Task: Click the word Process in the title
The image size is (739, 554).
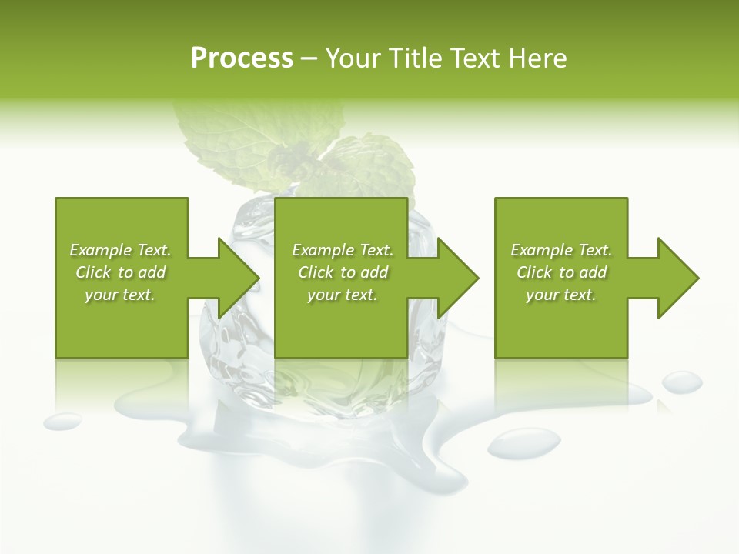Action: (x=242, y=58)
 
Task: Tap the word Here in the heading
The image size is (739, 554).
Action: (x=538, y=58)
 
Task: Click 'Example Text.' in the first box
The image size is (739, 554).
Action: (x=120, y=250)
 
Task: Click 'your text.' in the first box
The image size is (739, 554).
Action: (x=120, y=295)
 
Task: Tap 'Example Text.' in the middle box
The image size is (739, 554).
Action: (x=343, y=250)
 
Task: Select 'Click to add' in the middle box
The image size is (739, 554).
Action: (x=343, y=272)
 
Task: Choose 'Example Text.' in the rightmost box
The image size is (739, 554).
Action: (x=561, y=250)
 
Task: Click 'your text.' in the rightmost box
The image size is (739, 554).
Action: (x=561, y=295)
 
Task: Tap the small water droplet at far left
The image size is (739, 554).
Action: (x=62, y=421)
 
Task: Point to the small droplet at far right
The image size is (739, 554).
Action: (x=682, y=381)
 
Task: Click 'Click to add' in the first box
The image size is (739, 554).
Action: (x=120, y=272)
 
